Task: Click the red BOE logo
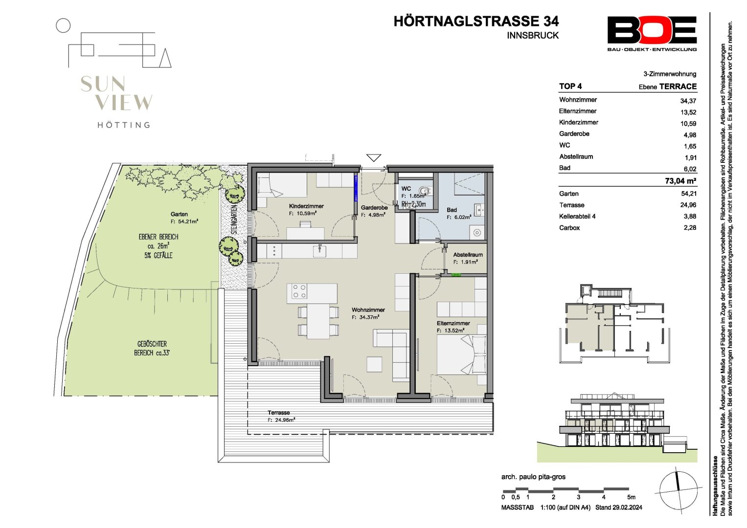pos(652,30)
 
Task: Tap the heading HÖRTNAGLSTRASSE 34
pos(476,22)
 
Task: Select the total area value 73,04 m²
pos(680,181)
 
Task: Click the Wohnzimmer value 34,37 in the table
pos(688,101)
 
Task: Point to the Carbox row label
pos(569,228)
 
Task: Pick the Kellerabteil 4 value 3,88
pos(690,216)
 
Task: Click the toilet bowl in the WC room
pos(425,191)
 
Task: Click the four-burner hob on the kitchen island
pos(299,291)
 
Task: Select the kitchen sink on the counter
pos(319,250)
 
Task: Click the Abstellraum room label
pos(468,255)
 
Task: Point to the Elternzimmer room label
pos(453,323)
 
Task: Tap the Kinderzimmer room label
pos(306,206)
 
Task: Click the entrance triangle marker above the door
pos(374,157)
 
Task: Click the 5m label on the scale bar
pos(631,497)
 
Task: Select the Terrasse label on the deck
pos(278,413)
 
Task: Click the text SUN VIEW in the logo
pos(116,93)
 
